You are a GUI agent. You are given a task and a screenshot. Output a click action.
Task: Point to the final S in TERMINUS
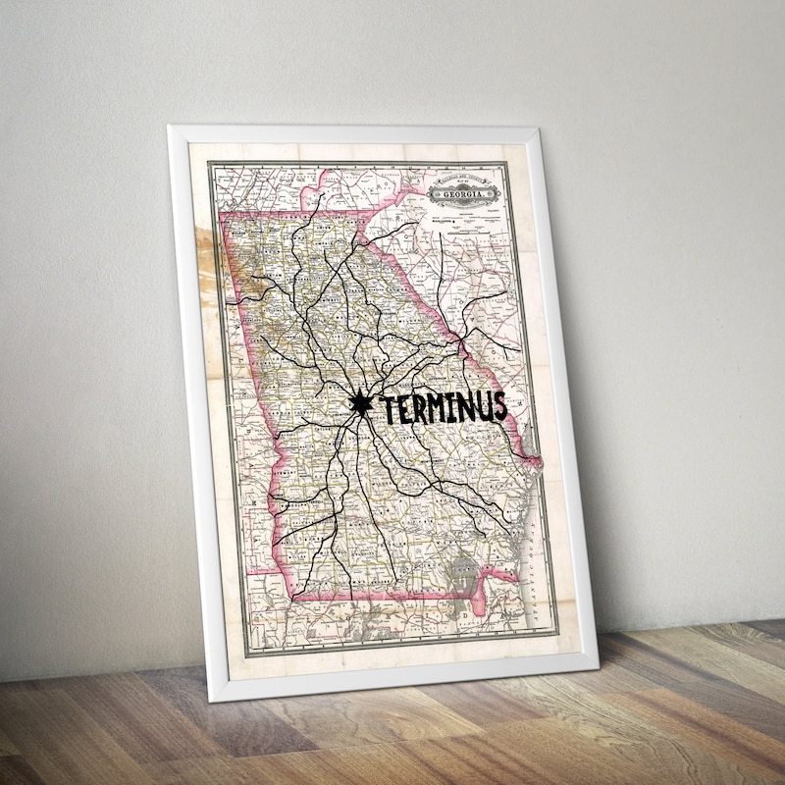(x=499, y=404)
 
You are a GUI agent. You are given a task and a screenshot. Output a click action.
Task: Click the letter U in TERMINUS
(x=483, y=405)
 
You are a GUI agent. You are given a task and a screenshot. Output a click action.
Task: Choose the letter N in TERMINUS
(x=464, y=406)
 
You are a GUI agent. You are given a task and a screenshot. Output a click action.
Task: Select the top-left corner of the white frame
(x=172, y=129)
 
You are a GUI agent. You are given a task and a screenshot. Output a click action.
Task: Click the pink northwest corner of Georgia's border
(x=224, y=213)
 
